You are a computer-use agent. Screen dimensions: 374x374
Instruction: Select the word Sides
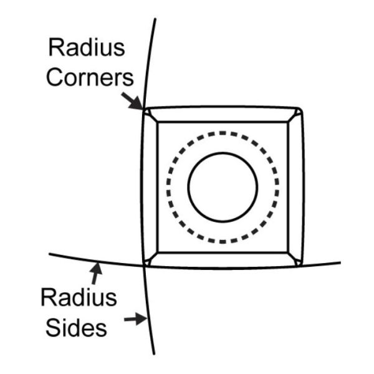79,329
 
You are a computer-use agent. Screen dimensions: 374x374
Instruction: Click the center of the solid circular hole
223,186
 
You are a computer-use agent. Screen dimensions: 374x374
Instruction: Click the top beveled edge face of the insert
223,115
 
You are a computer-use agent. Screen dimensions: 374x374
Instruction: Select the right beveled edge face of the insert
295,187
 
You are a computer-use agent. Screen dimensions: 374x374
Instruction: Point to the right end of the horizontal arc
340,262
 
